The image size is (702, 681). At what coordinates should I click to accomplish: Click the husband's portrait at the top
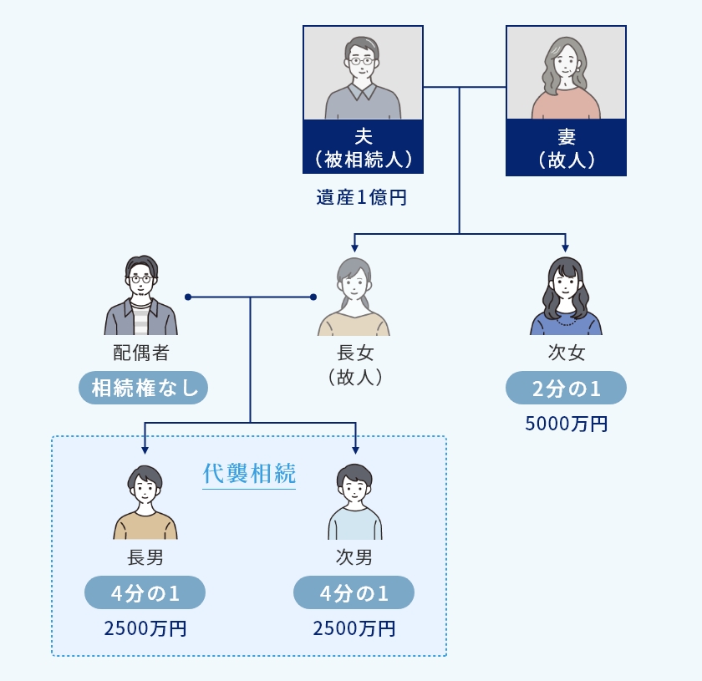point(363,74)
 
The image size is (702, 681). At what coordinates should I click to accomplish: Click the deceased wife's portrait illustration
point(566,74)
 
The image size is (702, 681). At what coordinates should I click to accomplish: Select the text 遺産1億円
point(362,199)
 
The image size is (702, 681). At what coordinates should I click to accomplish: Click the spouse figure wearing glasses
point(141,296)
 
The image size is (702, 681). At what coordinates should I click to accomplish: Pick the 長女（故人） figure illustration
point(354,297)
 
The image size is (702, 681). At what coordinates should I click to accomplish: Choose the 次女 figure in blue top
point(566,297)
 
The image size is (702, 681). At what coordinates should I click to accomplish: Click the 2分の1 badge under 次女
point(566,388)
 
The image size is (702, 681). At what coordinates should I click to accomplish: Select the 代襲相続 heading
point(249,474)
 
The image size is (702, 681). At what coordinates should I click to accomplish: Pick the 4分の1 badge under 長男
point(145,593)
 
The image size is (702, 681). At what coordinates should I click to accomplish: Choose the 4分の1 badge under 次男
point(354,593)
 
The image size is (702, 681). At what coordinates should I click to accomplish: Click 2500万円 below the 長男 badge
point(145,628)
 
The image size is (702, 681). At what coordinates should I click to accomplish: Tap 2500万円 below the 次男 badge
point(354,628)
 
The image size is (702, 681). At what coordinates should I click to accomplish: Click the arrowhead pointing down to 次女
point(566,247)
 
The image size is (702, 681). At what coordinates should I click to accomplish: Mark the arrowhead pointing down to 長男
point(145,450)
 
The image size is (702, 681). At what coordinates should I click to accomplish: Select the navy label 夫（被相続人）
point(363,147)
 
